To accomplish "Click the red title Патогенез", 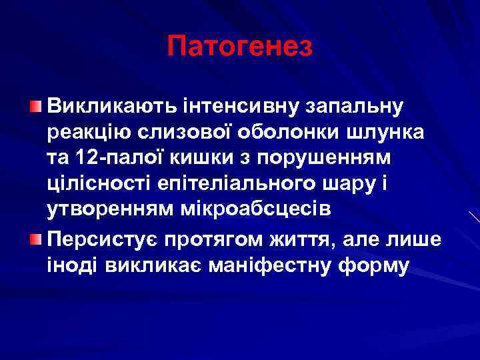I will [240, 46].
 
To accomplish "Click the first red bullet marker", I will [37, 107].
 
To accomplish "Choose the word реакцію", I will [89, 133].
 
